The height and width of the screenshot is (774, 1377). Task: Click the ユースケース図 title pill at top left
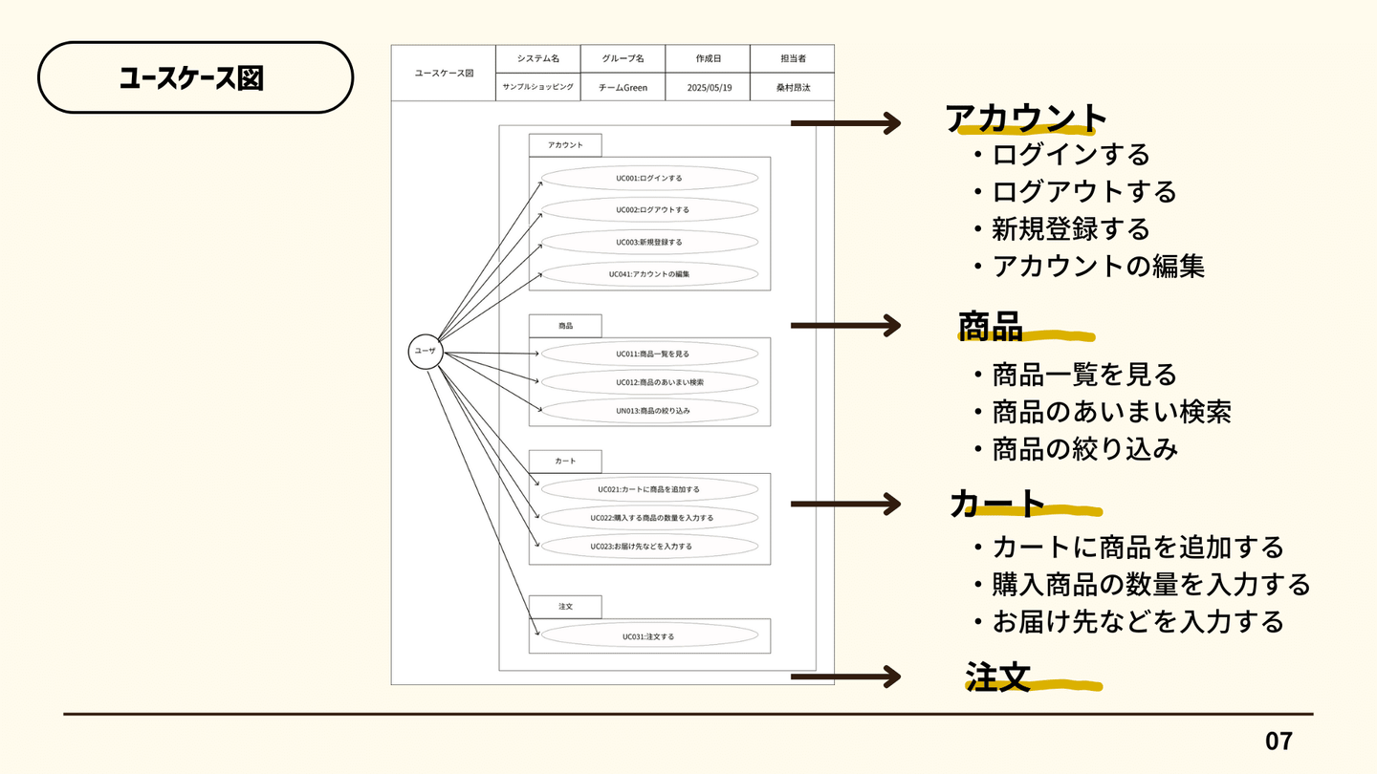(195, 77)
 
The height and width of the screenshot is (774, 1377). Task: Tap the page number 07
(1279, 741)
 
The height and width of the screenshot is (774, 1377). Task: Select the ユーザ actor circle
(426, 352)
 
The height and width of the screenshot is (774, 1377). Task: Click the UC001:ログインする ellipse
(649, 178)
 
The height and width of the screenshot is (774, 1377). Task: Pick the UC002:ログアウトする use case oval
(649, 209)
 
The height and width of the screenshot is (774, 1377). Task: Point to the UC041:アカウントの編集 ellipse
(649, 274)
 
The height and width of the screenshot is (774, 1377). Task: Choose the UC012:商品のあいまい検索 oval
(649, 382)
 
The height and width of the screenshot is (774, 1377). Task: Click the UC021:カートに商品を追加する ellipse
(649, 489)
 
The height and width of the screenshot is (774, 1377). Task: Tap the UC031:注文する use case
(649, 636)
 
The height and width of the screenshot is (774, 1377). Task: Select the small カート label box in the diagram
(565, 461)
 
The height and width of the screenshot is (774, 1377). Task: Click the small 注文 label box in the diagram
(565, 606)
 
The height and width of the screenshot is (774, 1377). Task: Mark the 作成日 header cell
(708, 58)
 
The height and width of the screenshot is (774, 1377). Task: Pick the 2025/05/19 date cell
(708, 87)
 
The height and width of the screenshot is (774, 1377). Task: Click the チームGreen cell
(623, 87)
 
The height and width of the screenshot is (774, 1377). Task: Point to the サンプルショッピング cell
(538, 87)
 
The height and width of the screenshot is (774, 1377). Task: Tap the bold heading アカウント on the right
(1025, 118)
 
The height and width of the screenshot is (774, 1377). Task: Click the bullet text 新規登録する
(1070, 229)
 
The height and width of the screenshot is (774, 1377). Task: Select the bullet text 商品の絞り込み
(1084, 449)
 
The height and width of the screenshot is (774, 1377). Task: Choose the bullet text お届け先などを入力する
(1137, 621)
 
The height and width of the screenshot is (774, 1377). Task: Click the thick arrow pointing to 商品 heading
(845, 326)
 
